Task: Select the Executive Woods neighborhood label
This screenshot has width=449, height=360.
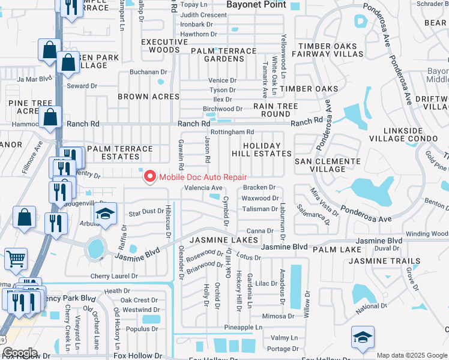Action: (164, 46)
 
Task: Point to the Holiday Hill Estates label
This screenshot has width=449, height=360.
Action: (262, 149)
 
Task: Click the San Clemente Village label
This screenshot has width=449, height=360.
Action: (328, 165)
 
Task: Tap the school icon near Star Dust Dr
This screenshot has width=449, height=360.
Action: (105, 215)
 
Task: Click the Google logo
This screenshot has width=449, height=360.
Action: (20, 353)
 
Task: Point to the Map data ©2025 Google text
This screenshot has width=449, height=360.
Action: (411, 355)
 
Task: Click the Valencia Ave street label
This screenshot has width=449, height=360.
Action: (203, 188)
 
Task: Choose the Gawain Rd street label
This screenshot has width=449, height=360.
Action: (181, 154)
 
